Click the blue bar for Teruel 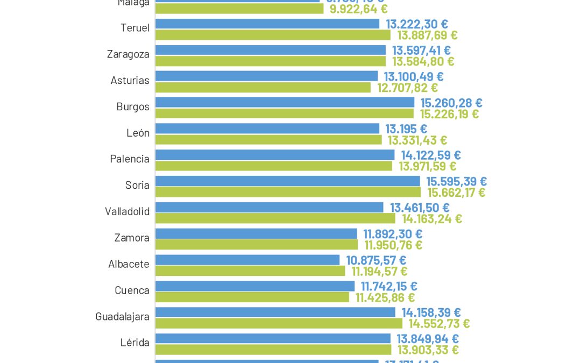click(x=267, y=24)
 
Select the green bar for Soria click(x=288, y=192)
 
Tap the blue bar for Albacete click(x=247, y=260)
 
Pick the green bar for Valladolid click(x=275, y=218)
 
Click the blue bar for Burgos click(x=285, y=102)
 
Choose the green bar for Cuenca click(x=252, y=297)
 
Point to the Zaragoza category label click(x=128, y=54)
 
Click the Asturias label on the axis click(x=130, y=80)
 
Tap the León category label click(x=138, y=133)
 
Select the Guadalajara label click(x=122, y=317)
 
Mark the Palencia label click(x=130, y=159)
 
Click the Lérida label click(x=135, y=342)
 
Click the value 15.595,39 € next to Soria click(x=456, y=181)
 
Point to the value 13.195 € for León click(x=406, y=129)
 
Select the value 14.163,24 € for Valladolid click(x=432, y=218)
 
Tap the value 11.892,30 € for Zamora click(x=393, y=234)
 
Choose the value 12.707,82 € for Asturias click(x=407, y=87)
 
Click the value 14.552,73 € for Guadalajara click(x=439, y=323)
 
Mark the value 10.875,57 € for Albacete click(x=376, y=260)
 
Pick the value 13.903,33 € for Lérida click(x=428, y=350)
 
